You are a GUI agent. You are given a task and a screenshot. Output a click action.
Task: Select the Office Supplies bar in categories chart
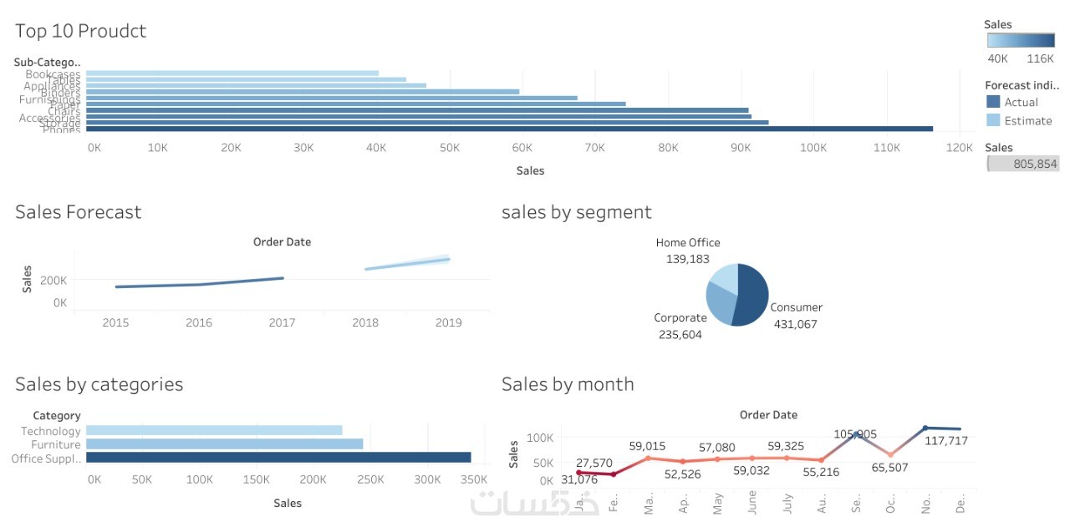point(278,458)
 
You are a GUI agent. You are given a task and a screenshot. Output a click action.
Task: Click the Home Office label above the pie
point(687,243)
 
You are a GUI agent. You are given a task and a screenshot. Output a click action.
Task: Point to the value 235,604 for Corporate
point(680,335)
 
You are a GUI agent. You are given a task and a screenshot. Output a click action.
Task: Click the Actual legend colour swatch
point(993,102)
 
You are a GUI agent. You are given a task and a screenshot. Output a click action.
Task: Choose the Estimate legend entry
point(1027,121)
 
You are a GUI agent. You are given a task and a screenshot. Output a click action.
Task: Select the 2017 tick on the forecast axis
point(282,323)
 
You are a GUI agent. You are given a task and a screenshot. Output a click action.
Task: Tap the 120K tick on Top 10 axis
point(960,148)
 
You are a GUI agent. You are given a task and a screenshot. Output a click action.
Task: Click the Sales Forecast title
point(79,212)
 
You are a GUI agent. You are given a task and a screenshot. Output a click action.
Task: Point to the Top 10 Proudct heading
point(81,31)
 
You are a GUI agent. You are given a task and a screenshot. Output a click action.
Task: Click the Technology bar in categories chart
point(214,430)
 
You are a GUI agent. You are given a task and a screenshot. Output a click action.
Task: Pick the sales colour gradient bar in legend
point(1020,40)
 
